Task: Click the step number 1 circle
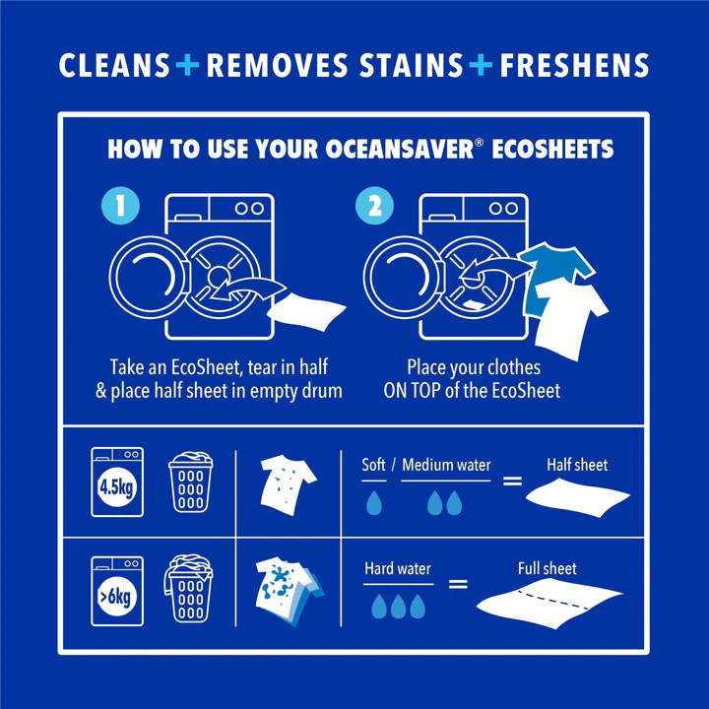[120, 207]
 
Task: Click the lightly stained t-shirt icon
[289, 480]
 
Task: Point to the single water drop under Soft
[374, 503]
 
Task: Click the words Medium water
[446, 465]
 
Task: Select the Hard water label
[398, 568]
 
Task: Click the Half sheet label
[577, 465]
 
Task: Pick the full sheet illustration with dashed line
[548, 603]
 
